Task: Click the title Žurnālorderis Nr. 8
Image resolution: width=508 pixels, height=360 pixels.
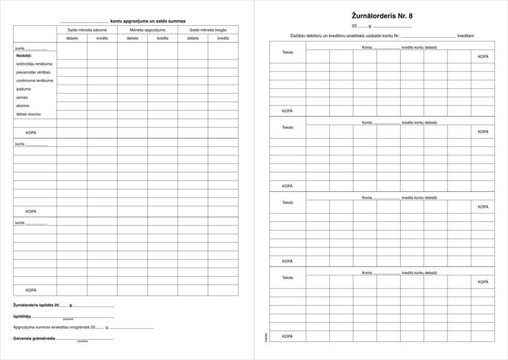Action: coord(382,16)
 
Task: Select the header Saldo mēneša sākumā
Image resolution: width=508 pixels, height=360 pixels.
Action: coord(87,29)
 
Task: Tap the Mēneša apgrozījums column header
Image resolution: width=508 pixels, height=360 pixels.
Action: coord(148,29)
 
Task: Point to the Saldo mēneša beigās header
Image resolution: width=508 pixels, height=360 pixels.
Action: coord(208,29)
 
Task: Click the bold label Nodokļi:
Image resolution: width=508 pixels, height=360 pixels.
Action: coord(24,55)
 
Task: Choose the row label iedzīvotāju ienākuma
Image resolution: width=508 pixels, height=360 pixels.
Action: coord(34,64)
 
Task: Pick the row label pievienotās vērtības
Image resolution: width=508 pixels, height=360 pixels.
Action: coord(33,72)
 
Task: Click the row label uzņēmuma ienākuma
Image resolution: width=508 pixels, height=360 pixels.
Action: coord(34,80)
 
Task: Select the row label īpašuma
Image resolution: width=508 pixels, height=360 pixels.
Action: coord(23,89)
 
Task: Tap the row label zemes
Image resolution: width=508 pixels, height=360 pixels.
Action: coord(22,97)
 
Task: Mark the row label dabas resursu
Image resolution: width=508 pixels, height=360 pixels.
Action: coord(28,114)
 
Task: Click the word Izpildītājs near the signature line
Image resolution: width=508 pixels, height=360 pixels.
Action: coord(22,316)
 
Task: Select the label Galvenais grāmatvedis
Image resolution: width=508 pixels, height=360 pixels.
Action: coord(34,338)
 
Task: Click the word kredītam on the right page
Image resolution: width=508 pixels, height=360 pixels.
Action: coord(465,36)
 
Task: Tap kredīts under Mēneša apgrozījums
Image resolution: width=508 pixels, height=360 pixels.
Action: coord(163,38)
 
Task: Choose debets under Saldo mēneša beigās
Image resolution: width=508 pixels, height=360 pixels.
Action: coord(193,38)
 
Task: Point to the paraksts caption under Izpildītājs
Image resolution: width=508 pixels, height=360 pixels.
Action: coord(68,319)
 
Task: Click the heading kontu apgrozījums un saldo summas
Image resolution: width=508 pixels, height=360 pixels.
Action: coord(148,21)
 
